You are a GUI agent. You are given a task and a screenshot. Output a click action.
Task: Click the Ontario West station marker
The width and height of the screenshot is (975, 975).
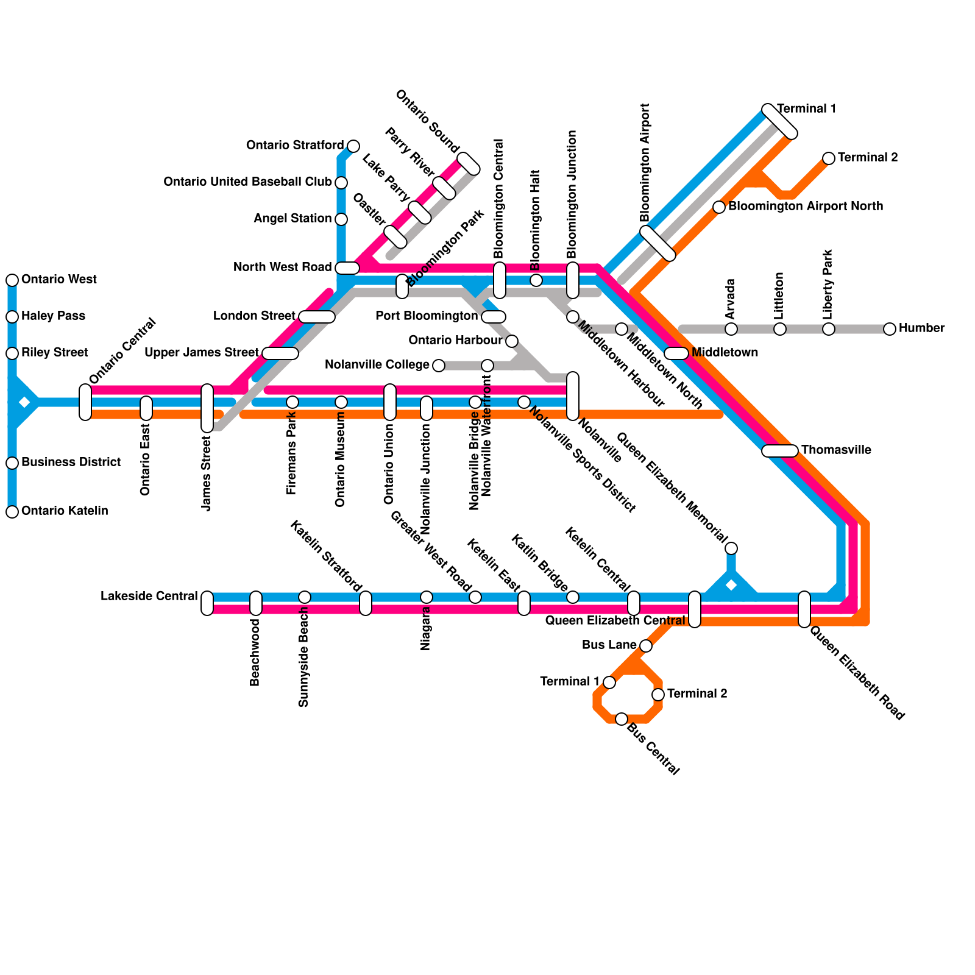click(12, 280)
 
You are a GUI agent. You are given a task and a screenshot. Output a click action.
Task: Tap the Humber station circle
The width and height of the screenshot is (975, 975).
click(890, 329)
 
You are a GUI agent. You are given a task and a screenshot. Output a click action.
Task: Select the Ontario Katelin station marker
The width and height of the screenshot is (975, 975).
click(12, 512)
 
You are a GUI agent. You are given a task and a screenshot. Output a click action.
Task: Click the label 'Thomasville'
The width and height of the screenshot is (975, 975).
click(836, 450)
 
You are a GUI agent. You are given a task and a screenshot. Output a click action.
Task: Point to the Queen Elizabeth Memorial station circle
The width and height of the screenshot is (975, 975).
click(731, 548)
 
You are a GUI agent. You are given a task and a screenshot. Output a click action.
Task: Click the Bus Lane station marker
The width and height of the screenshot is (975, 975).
click(646, 646)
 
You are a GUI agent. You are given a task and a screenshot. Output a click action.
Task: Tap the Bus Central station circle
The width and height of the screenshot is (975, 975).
click(622, 719)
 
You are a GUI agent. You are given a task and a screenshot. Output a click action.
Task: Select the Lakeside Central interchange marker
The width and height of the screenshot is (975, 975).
click(207, 603)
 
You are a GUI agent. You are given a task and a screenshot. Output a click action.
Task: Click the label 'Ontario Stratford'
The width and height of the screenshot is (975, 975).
click(295, 146)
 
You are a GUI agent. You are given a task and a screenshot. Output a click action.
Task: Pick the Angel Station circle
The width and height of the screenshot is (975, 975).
click(341, 219)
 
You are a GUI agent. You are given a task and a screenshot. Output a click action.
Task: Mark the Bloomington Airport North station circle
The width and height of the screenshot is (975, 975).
click(719, 207)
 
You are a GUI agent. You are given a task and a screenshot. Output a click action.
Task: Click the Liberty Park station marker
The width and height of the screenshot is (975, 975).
click(829, 329)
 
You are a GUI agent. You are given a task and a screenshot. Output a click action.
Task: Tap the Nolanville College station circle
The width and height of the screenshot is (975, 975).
click(439, 366)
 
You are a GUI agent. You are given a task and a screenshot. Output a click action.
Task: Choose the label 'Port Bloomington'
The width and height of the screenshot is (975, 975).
click(427, 316)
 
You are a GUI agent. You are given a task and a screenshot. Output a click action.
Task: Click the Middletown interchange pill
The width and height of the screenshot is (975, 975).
click(676, 353)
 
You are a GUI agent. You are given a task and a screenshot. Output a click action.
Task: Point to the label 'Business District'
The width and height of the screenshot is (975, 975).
click(71, 463)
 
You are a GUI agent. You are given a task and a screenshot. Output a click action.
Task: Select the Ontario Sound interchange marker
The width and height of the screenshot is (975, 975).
click(469, 164)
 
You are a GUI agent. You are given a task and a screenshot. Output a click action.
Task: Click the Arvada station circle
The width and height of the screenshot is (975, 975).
click(731, 329)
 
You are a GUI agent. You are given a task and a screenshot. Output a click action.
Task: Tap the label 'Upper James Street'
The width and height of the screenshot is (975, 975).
click(202, 353)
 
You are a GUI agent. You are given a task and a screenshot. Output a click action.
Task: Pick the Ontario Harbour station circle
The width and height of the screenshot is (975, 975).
click(512, 341)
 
